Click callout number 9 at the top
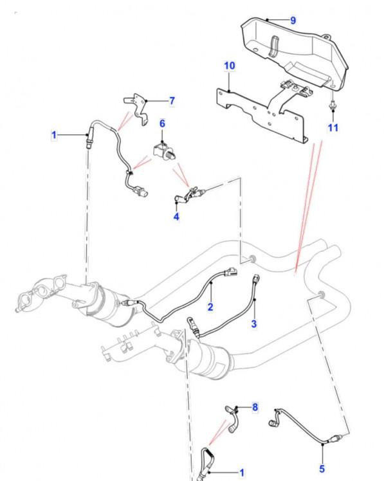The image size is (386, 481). (293, 21)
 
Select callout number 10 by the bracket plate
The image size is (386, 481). (230, 66)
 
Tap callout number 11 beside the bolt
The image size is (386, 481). (333, 128)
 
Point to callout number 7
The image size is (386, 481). (172, 100)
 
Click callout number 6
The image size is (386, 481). (162, 123)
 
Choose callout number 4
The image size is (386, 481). (176, 217)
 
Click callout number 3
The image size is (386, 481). (253, 323)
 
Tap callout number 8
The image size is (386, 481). (254, 407)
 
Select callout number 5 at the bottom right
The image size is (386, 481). (322, 468)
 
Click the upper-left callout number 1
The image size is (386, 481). (55, 135)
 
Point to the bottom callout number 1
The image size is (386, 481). (242, 473)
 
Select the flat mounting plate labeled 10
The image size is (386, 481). (257, 106)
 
